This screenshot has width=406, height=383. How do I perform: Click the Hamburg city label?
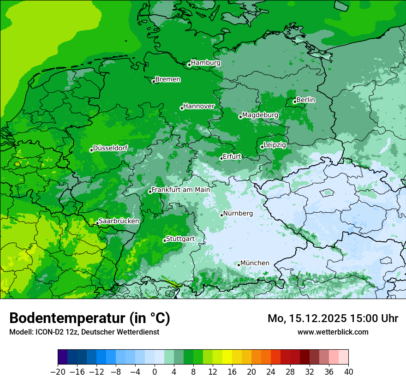click(x=206, y=63)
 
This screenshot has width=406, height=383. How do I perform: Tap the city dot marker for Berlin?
click(x=295, y=102)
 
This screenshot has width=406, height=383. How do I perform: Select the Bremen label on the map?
click(x=167, y=79)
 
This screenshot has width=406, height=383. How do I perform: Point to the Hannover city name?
click(x=199, y=106)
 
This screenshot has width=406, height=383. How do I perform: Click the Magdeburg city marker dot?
click(x=240, y=117)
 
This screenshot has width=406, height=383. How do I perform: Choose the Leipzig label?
click(x=275, y=145)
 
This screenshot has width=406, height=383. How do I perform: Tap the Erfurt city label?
click(x=232, y=156)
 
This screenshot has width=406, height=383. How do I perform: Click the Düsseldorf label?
click(x=110, y=148)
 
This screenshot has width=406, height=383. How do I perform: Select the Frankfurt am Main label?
click(x=181, y=190)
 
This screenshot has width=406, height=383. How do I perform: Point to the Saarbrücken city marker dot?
click(x=97, y=223)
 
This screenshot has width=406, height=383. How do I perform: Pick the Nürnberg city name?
click(x=238, y=214)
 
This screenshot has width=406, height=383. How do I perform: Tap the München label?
click(x=255, y=263)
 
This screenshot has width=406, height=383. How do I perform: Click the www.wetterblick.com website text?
click(x=333, y=332)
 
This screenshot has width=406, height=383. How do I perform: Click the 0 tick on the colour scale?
click(x=155, y=371)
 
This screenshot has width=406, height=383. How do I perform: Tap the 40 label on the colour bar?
click(x=348, y=371)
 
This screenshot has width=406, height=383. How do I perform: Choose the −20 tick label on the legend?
click(x=58, y=371)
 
